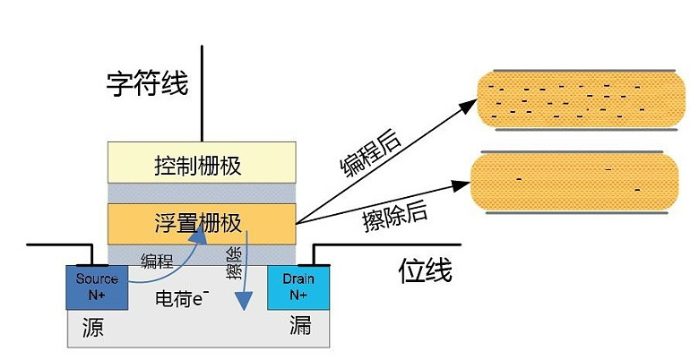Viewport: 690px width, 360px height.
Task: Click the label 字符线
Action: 147,85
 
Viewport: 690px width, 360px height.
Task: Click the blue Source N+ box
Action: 97,287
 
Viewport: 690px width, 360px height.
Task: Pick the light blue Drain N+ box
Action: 298,287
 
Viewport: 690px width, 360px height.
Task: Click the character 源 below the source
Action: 92,327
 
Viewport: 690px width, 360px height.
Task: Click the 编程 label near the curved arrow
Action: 157,261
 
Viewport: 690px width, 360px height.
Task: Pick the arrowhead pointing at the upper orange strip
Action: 470,105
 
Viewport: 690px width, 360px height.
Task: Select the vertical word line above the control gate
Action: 202,90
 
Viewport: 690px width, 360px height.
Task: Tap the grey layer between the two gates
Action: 201,193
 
